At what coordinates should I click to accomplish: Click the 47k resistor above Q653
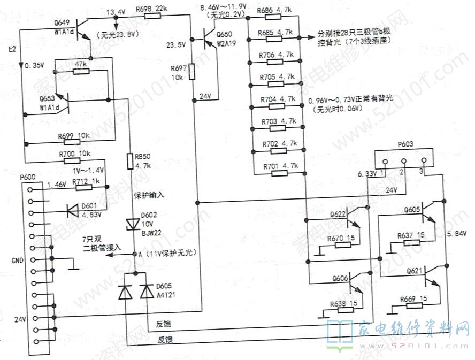tap(81, 71)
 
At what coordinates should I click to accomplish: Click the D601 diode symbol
tap(72, 209)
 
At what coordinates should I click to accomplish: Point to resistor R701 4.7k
tap(277, 172)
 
